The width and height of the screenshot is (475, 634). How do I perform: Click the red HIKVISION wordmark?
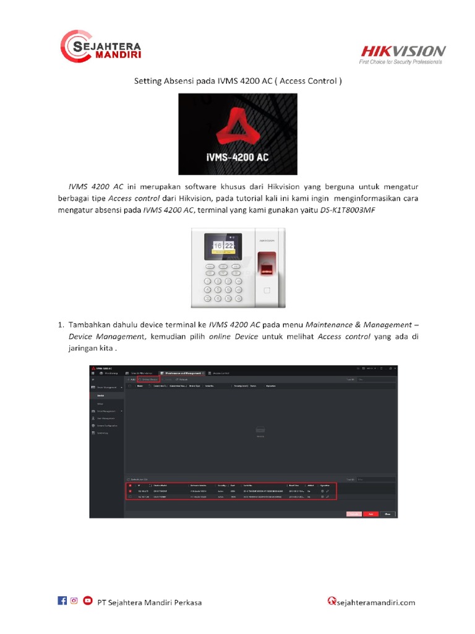[x=403, y=51]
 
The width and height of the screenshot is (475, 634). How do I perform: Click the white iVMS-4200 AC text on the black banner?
[x=237, y=157]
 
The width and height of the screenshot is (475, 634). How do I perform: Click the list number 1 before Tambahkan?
[x=61, y=324]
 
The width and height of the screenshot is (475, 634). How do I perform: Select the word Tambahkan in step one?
[x=94, y=324]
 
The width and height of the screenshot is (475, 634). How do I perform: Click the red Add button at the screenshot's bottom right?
[x=371, y=514]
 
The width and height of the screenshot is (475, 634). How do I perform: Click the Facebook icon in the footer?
[x=62, y=601]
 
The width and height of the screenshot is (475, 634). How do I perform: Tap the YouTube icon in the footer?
[x=88, y=601]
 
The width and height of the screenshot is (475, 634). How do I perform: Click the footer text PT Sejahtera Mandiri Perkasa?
[x=150, y=602]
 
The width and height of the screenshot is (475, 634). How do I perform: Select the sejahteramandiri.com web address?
[x=376, y=602]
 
